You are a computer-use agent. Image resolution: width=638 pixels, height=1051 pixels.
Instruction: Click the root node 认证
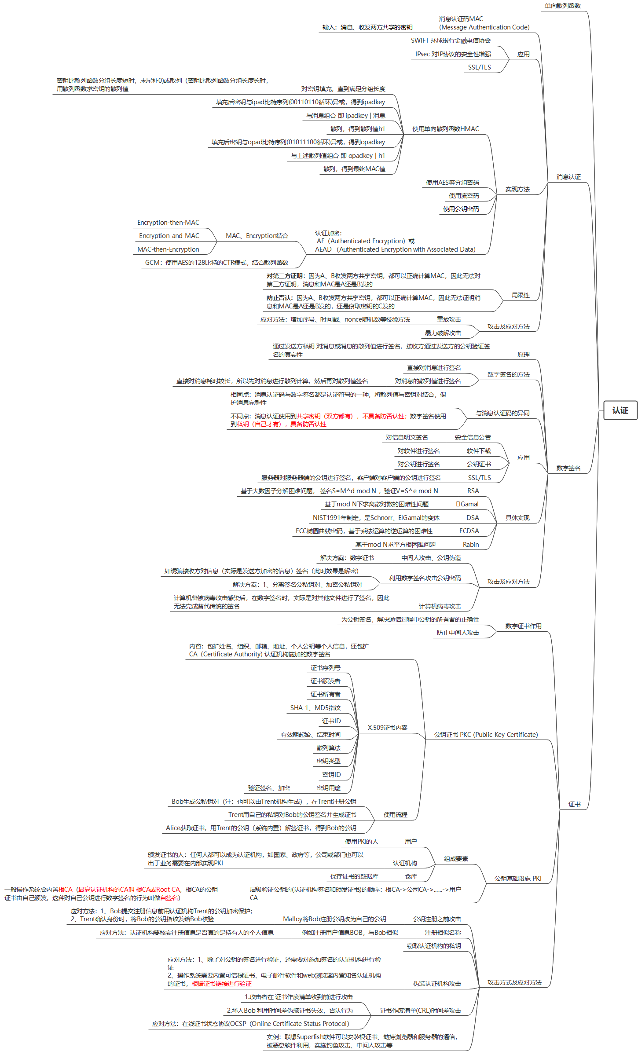click(x=620, y=410)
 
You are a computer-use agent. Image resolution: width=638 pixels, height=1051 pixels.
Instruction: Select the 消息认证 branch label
click(x=568, y=177)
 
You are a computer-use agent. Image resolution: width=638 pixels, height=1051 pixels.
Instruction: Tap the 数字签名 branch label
click(x=568, y=468)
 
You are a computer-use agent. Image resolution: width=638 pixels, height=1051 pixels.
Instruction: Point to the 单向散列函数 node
click(x=562, y=6)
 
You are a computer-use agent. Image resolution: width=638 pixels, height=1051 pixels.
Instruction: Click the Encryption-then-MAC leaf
click(x=168, y=223)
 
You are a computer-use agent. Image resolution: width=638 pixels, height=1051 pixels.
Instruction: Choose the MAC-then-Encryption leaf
click(x=168, y=249)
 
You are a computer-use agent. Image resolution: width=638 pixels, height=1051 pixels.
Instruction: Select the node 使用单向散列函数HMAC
click(x=445, y=129)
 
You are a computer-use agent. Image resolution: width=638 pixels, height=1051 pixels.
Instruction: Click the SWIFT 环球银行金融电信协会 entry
click(x=451, y=40)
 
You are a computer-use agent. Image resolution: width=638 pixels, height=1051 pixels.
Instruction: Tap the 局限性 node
click(x=521, y=295)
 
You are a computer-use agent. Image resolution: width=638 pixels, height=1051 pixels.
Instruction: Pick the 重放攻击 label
click(x=449, y=319)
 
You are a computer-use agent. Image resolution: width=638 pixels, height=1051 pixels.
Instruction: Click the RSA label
click(x=473, y=491)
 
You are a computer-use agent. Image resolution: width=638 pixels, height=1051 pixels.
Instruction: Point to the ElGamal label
click(x=467, y=504)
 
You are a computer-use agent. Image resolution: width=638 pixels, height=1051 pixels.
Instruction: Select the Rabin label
click(x=470, y=545)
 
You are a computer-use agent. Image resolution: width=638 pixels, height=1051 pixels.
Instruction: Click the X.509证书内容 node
click(x=388, y=728)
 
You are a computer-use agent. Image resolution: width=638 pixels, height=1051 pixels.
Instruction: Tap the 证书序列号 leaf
click(x=325, y=668)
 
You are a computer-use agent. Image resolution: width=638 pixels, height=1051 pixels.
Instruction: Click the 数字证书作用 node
click(x=523, y=626)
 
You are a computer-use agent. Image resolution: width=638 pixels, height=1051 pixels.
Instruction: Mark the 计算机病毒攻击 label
click(x=440, y=606)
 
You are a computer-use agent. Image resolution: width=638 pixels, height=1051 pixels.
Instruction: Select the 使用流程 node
click(x=395, y=815)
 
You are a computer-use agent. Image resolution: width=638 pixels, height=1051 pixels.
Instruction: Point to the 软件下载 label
click(x=479, y=451)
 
